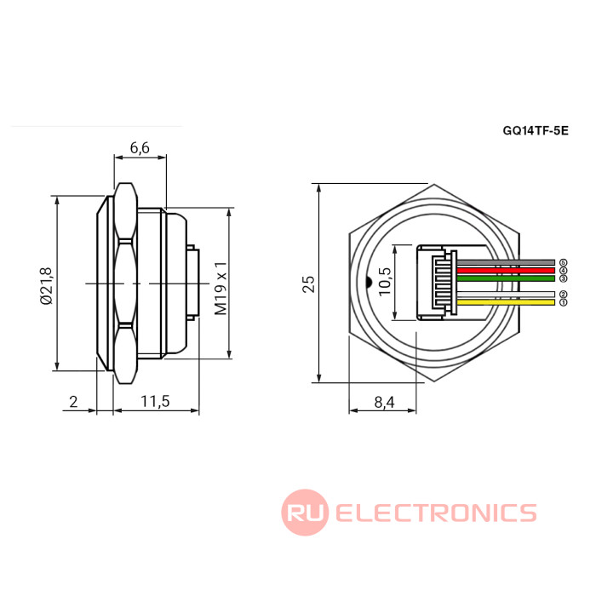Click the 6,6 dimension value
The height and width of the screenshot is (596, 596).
pos(140,148)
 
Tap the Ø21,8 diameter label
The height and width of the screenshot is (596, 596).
pos(46,285)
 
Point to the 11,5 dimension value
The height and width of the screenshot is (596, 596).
pos(156,401)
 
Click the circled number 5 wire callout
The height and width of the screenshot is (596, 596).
pos(563,262)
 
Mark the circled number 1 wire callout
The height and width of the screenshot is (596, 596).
pos(563,302)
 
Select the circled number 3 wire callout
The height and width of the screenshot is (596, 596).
pos(563,278)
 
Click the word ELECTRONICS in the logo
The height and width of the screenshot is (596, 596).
pos(436,513)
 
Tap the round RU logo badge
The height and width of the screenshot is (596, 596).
pos(305,513)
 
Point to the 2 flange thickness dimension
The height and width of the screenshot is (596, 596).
pos(73,401)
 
